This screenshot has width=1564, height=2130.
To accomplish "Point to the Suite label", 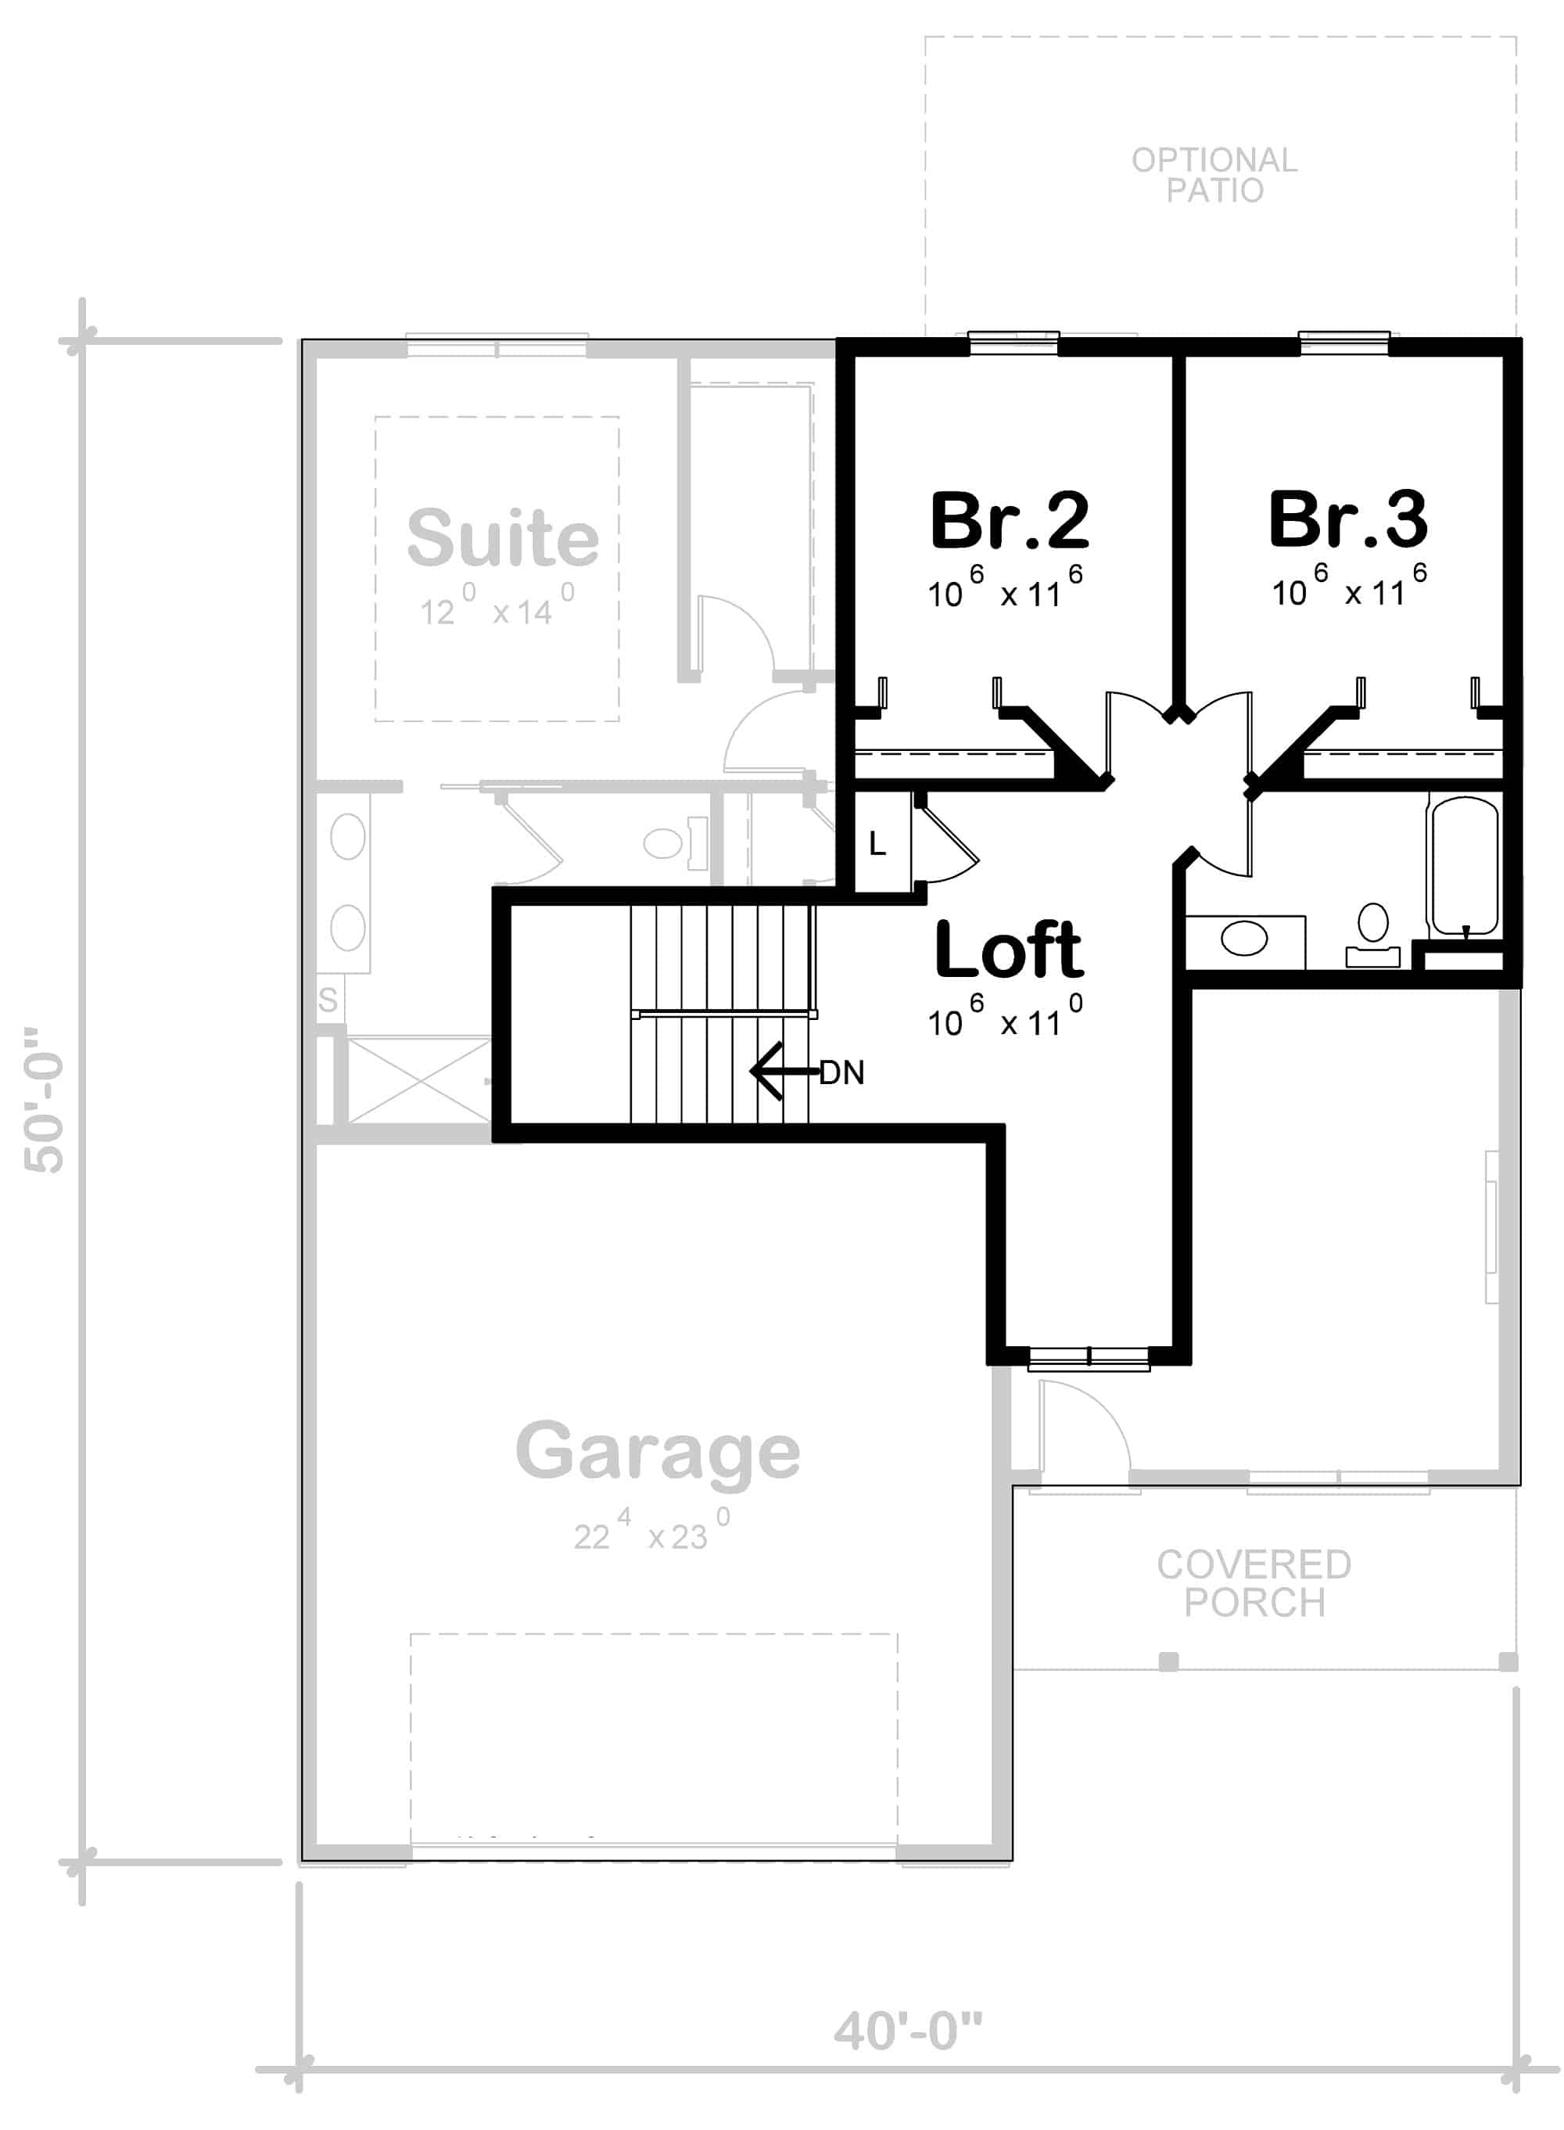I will click(x=503, y=538).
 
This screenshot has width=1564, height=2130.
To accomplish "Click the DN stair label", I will click(x=841, y=1073).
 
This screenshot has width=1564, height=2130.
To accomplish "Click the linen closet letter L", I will click(x=877, y=844).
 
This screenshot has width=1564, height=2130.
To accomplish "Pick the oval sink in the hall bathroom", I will click(x=1244, y=939).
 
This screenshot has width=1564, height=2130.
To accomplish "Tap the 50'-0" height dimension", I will click(x=45, y=1100).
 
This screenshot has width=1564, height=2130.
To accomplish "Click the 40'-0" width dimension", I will click(x=908, y=2031).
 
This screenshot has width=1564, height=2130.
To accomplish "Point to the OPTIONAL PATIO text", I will click(x=1214, y=175).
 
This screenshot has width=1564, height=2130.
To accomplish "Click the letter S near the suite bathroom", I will click(x=328, y=999).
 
